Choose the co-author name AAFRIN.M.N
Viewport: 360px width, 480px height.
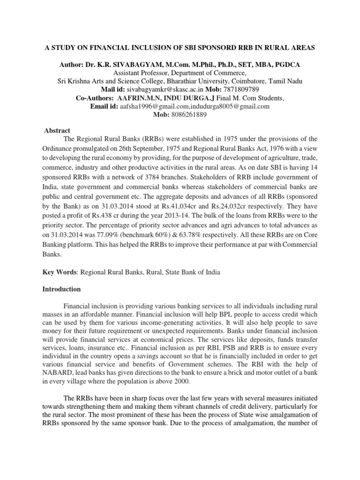(143, 97)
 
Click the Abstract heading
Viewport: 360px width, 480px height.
(57, 131)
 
